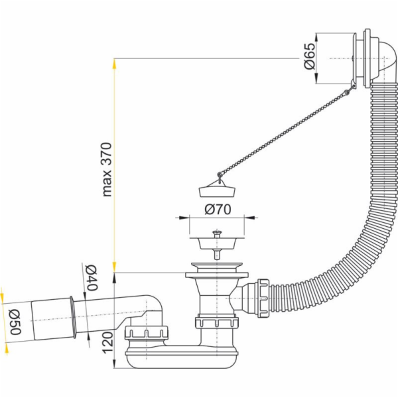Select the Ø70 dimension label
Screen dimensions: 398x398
(x=217, y=210)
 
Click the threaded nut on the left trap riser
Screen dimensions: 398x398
(x=148, y=331)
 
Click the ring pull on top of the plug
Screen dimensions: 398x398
(x=217, y=174)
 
